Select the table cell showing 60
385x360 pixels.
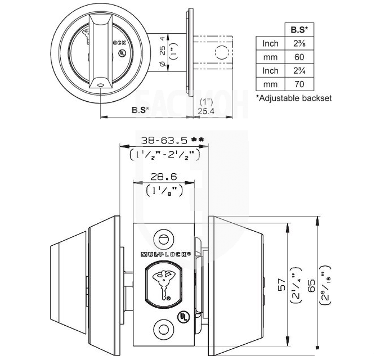point(299,57)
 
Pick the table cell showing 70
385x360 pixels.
point(299,84)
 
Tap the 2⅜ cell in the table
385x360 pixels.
point(299,43)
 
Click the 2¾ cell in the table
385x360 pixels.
point(299,71)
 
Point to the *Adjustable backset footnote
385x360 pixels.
point(293,98)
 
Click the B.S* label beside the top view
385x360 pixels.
point(140,110)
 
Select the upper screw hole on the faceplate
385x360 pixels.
point(165,235)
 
